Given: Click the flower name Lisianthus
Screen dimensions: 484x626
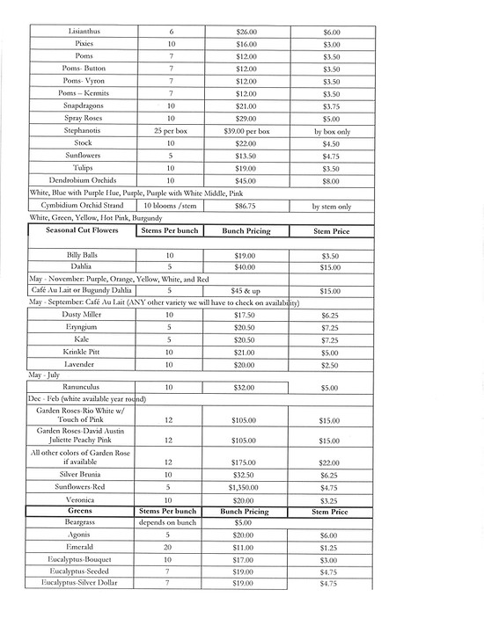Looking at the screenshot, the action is coord(84,32).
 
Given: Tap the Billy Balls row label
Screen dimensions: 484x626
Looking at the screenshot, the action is coord(84,255).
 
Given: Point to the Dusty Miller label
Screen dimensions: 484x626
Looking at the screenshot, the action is coord(84,315).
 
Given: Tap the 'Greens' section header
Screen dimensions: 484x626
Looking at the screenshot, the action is coord(84,510).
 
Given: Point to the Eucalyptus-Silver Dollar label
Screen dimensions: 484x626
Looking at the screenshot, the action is coord(84,583).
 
